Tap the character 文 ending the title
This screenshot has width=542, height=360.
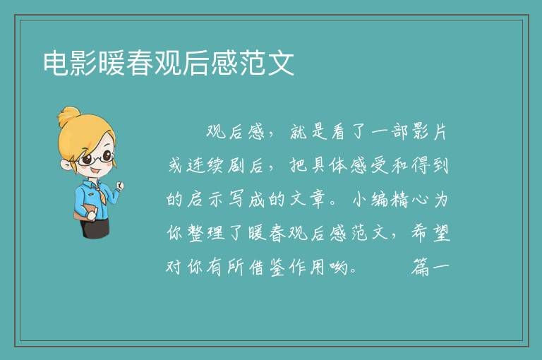282,63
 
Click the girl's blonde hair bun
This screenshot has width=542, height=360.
69,116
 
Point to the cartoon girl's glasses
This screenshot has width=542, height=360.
96,157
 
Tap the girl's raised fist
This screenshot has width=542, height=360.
119,186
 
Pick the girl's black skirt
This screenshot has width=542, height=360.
95,227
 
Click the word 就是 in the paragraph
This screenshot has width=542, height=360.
308,132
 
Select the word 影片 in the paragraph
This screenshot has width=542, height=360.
430,132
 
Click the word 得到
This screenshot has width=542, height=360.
430,166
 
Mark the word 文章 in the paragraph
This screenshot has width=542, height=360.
308,199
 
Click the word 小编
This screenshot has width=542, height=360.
371,199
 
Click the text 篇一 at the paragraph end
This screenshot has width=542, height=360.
430,267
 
